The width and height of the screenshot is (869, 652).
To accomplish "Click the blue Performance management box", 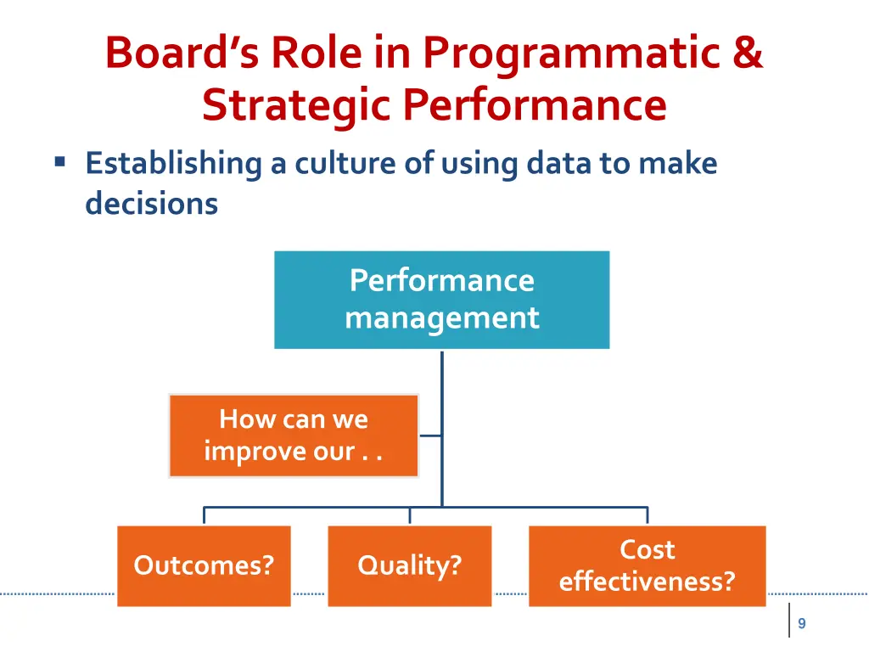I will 441,300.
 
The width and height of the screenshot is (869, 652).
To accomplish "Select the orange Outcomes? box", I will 204,565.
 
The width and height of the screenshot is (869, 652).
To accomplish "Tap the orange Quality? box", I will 409,565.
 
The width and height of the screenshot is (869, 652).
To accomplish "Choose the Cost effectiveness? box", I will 647,565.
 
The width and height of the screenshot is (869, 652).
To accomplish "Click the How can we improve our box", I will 294,436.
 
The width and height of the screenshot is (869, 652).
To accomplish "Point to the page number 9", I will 802,624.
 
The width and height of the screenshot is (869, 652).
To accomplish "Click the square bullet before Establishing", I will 59,160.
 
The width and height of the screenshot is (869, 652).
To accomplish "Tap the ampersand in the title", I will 746,53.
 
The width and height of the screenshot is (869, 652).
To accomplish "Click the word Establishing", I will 173,163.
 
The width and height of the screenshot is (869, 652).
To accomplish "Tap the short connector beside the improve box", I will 430,436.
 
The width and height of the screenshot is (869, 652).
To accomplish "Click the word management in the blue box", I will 441,318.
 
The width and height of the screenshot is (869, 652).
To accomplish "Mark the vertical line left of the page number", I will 789,621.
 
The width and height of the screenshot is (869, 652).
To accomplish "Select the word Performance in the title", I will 535,105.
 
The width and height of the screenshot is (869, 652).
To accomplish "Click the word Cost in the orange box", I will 647,549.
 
